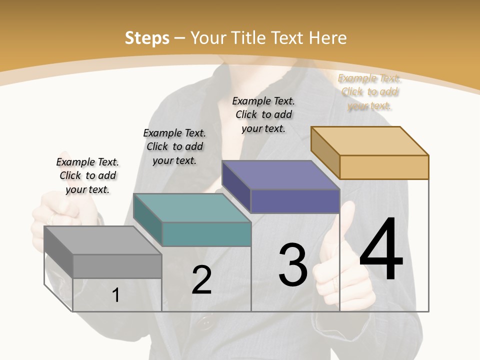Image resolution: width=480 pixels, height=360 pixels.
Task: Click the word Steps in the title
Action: pyautogui.click(x=147, y=38)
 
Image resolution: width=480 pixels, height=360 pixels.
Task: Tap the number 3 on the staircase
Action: pyautogui.click(x=292, y=265)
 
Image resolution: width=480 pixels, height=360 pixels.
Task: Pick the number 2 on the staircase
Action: pyautogui.click(x=201, y=280)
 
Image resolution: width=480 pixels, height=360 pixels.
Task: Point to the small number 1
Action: pyautogui.click(x=116, y=295)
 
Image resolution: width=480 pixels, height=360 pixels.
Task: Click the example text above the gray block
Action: pyautogui.click(x=87, y=175)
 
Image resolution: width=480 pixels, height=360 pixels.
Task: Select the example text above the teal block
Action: pyautogui.click(x=174, y=146)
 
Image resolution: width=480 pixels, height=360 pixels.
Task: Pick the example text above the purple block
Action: pyautogui.click(x=263, y=114)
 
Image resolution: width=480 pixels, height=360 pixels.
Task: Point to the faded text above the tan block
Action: pyautogui.click(x=369, y=92)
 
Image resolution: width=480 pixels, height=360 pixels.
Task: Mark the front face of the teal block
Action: pyautogui.click(x=206, y=234)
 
